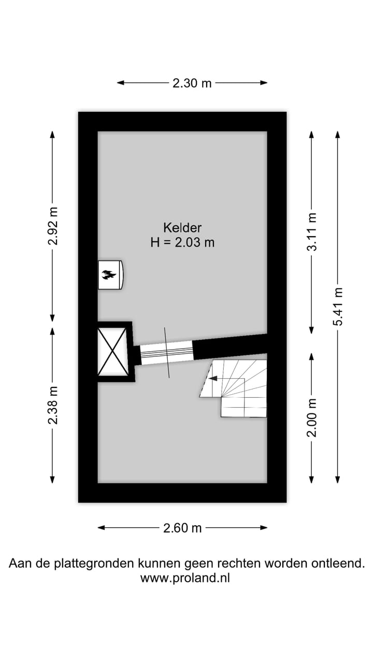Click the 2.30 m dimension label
pyautogui.click(x=192, y=83)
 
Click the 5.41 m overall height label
pyautogui.click(x=338, y=307)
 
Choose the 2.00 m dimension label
pyautogui.click(x=312, y=418)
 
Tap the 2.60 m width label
pyautogui.click(x=182, y=528)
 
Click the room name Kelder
pyautogui.click(x=182, y=227)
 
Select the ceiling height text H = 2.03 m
pyautogui.click(x=182, y=242)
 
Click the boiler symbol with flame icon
pyautogui.click(x=110, y=275)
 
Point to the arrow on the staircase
pyautogui.click(x=213, y=379)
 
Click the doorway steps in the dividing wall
pyautogui.click(x=166, y=353)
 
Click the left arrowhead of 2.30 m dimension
pyautogui.click(x=120, y=83)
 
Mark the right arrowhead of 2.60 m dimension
pyautogui.click(x=265, y=528)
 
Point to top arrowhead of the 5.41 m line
pyautogui.click(x=338, y=134)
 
